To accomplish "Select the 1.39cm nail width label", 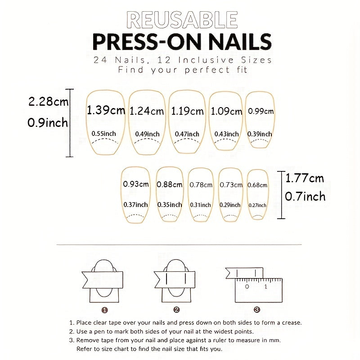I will coord(106,110).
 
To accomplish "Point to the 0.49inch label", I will coord(147,134).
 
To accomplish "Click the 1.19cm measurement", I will coord(187,111).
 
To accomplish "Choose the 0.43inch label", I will coord(226,134).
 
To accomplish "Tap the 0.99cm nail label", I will coord(261,111).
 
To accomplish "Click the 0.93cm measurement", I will coord(135,184).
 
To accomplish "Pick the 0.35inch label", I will coord(170,205).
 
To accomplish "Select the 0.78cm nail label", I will coord(201,184).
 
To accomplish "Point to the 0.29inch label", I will coord(230,205).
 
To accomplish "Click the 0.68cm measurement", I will coord(257,185).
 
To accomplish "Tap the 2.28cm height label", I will coord(48,102).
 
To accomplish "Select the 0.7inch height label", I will coord(305,197).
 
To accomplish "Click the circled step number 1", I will coord(104,310).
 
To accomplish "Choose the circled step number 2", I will coord(176,310).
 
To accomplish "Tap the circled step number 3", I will coord(256,310).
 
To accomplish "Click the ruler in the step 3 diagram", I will coord(257,291).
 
